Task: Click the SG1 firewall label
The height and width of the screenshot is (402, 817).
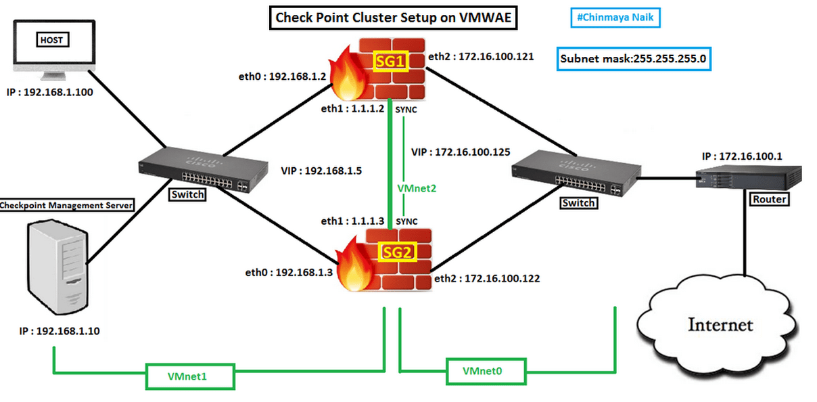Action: point(391,62)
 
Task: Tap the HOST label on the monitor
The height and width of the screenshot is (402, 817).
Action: point(51,41)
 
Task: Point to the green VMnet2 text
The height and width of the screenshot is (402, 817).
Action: point(417,189)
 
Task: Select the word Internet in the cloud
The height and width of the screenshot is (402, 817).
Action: point(720,325)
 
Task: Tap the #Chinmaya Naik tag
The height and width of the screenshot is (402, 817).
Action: point(615,17)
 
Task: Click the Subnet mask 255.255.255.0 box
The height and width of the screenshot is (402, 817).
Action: point(633,59)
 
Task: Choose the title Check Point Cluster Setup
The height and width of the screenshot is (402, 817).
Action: point(394,18)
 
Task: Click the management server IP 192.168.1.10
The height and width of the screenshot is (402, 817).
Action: point(60,331)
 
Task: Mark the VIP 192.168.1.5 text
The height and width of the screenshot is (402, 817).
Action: point(321,171)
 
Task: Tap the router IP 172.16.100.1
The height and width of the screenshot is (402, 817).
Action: point(742,156)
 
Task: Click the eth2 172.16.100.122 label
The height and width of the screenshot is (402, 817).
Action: point(487,278)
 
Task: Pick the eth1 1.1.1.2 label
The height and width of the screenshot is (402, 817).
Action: point(352,108)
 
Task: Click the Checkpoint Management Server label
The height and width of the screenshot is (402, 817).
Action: point(66,205)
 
